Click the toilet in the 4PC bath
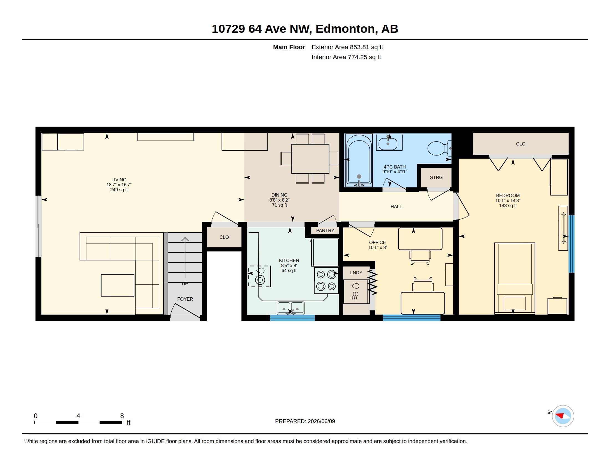[x=439, y=148]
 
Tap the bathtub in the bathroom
[x=359, y=160]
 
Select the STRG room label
[x=436, y=178]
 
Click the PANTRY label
[x=325, y=230]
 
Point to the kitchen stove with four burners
[x=326, y=280]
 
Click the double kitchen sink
[x=291, y=308]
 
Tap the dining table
[x=310, y=159]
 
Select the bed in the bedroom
[x=514, y=278]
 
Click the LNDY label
[x=356, y=273]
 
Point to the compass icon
[x=563, y=416]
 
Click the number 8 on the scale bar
[x=122, y=416]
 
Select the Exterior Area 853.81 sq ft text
[x=347, y=47]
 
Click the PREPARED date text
[x=305, y=421]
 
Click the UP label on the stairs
[x=185, y=283]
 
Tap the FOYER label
[x=185, y=299]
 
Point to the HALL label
[x=396, y=207]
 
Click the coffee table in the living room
[x=118, y=285]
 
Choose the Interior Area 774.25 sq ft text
[x=346, y=57]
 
